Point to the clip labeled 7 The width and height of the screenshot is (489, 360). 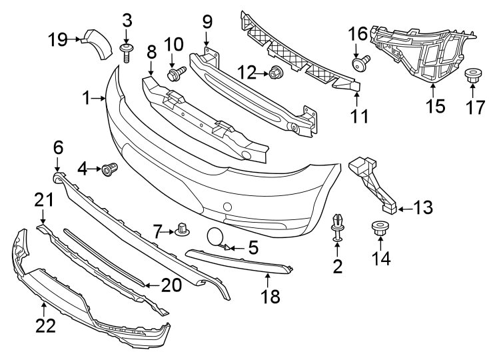pos(181,231)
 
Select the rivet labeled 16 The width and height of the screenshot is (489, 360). pos(362,64)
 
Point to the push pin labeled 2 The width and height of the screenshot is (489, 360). pos(338,224)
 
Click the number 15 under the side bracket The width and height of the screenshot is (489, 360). pos(435,106)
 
